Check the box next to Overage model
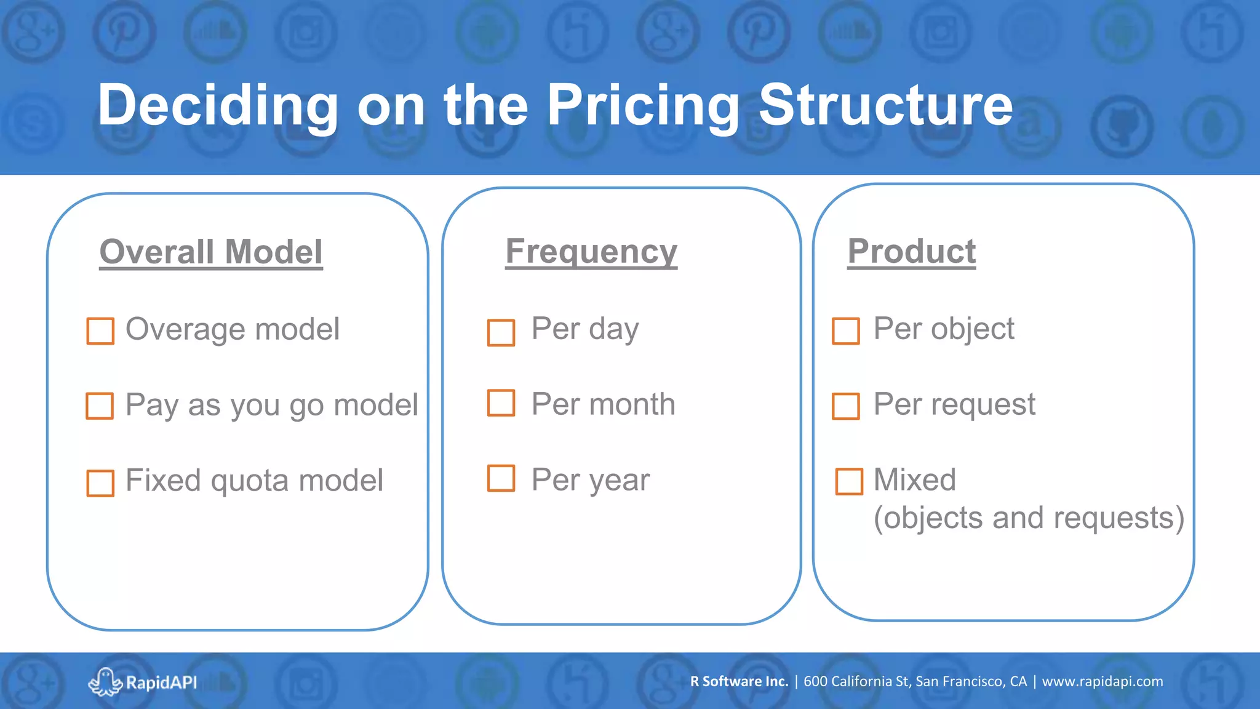[100, 331]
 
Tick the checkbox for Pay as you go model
[100, 406]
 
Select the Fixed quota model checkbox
[100, 483]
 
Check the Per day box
[501, 333]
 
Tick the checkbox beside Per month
[501, 403]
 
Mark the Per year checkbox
[501, 478]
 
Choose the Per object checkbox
[846, 331]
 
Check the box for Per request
[846, 406]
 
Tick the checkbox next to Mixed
[849, 481]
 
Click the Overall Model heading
[211, 252]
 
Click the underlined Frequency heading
[591, 252]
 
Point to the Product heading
[911, 252]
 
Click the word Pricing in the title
[643, 106]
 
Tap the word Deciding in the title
[218, 106]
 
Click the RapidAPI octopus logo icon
[105, 682]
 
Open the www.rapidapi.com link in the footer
[1102, 681]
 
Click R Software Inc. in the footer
[739, 681]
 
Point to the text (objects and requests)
[1029, 518]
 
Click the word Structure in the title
[885, 106]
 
